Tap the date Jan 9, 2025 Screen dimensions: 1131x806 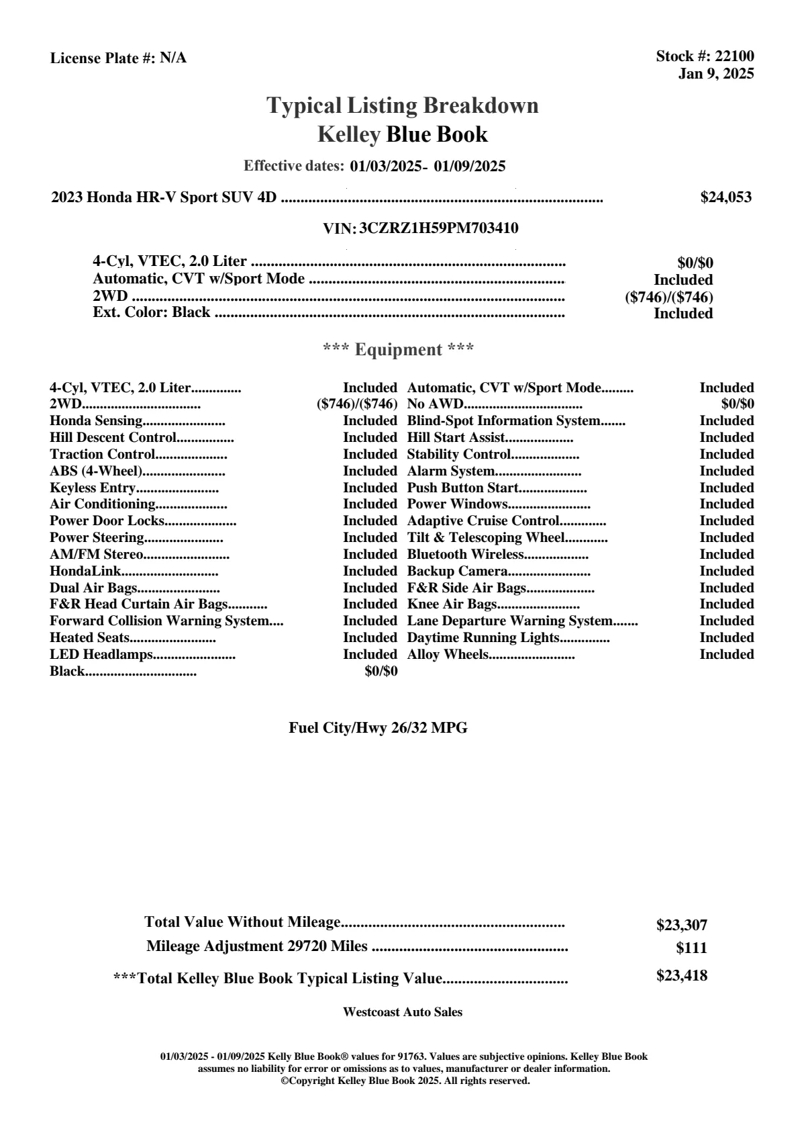[715, 73]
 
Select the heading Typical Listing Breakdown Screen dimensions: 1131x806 [403, 105]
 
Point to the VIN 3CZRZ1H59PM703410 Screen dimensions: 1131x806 [438, 228]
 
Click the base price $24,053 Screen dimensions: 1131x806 [725, 197]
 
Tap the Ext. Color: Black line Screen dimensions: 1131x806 [152, 312]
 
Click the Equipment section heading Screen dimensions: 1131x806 [398, 350]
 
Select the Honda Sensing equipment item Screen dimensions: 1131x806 [96, 421]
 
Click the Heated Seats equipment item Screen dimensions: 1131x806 [89, 638]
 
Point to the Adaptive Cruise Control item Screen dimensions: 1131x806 [483, 521]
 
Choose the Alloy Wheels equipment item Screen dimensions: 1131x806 [448, 655]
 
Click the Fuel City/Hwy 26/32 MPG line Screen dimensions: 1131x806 [378, 728]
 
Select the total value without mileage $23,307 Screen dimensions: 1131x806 [681, 925]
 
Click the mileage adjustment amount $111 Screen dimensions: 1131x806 [691, 948]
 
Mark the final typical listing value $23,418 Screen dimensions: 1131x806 [681, 976]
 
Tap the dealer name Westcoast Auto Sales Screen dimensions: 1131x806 [402, 1012]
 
